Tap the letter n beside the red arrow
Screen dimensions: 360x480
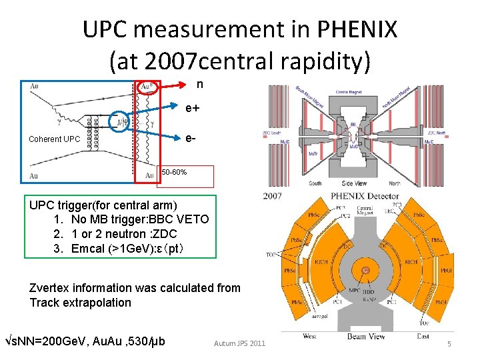click(199, 85)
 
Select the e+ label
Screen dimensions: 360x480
click(193, 107)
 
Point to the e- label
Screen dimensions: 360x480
click(191, 138)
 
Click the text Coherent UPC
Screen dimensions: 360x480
click(54, 139)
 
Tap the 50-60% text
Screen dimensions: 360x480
click(174, 173)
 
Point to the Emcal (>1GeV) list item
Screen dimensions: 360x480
click(127, 249)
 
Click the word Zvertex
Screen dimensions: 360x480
click(53, 288)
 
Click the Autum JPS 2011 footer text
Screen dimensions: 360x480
click(239, 343)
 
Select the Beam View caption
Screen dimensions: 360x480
click(366, 337)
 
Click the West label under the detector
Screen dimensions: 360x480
click(309, 337)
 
